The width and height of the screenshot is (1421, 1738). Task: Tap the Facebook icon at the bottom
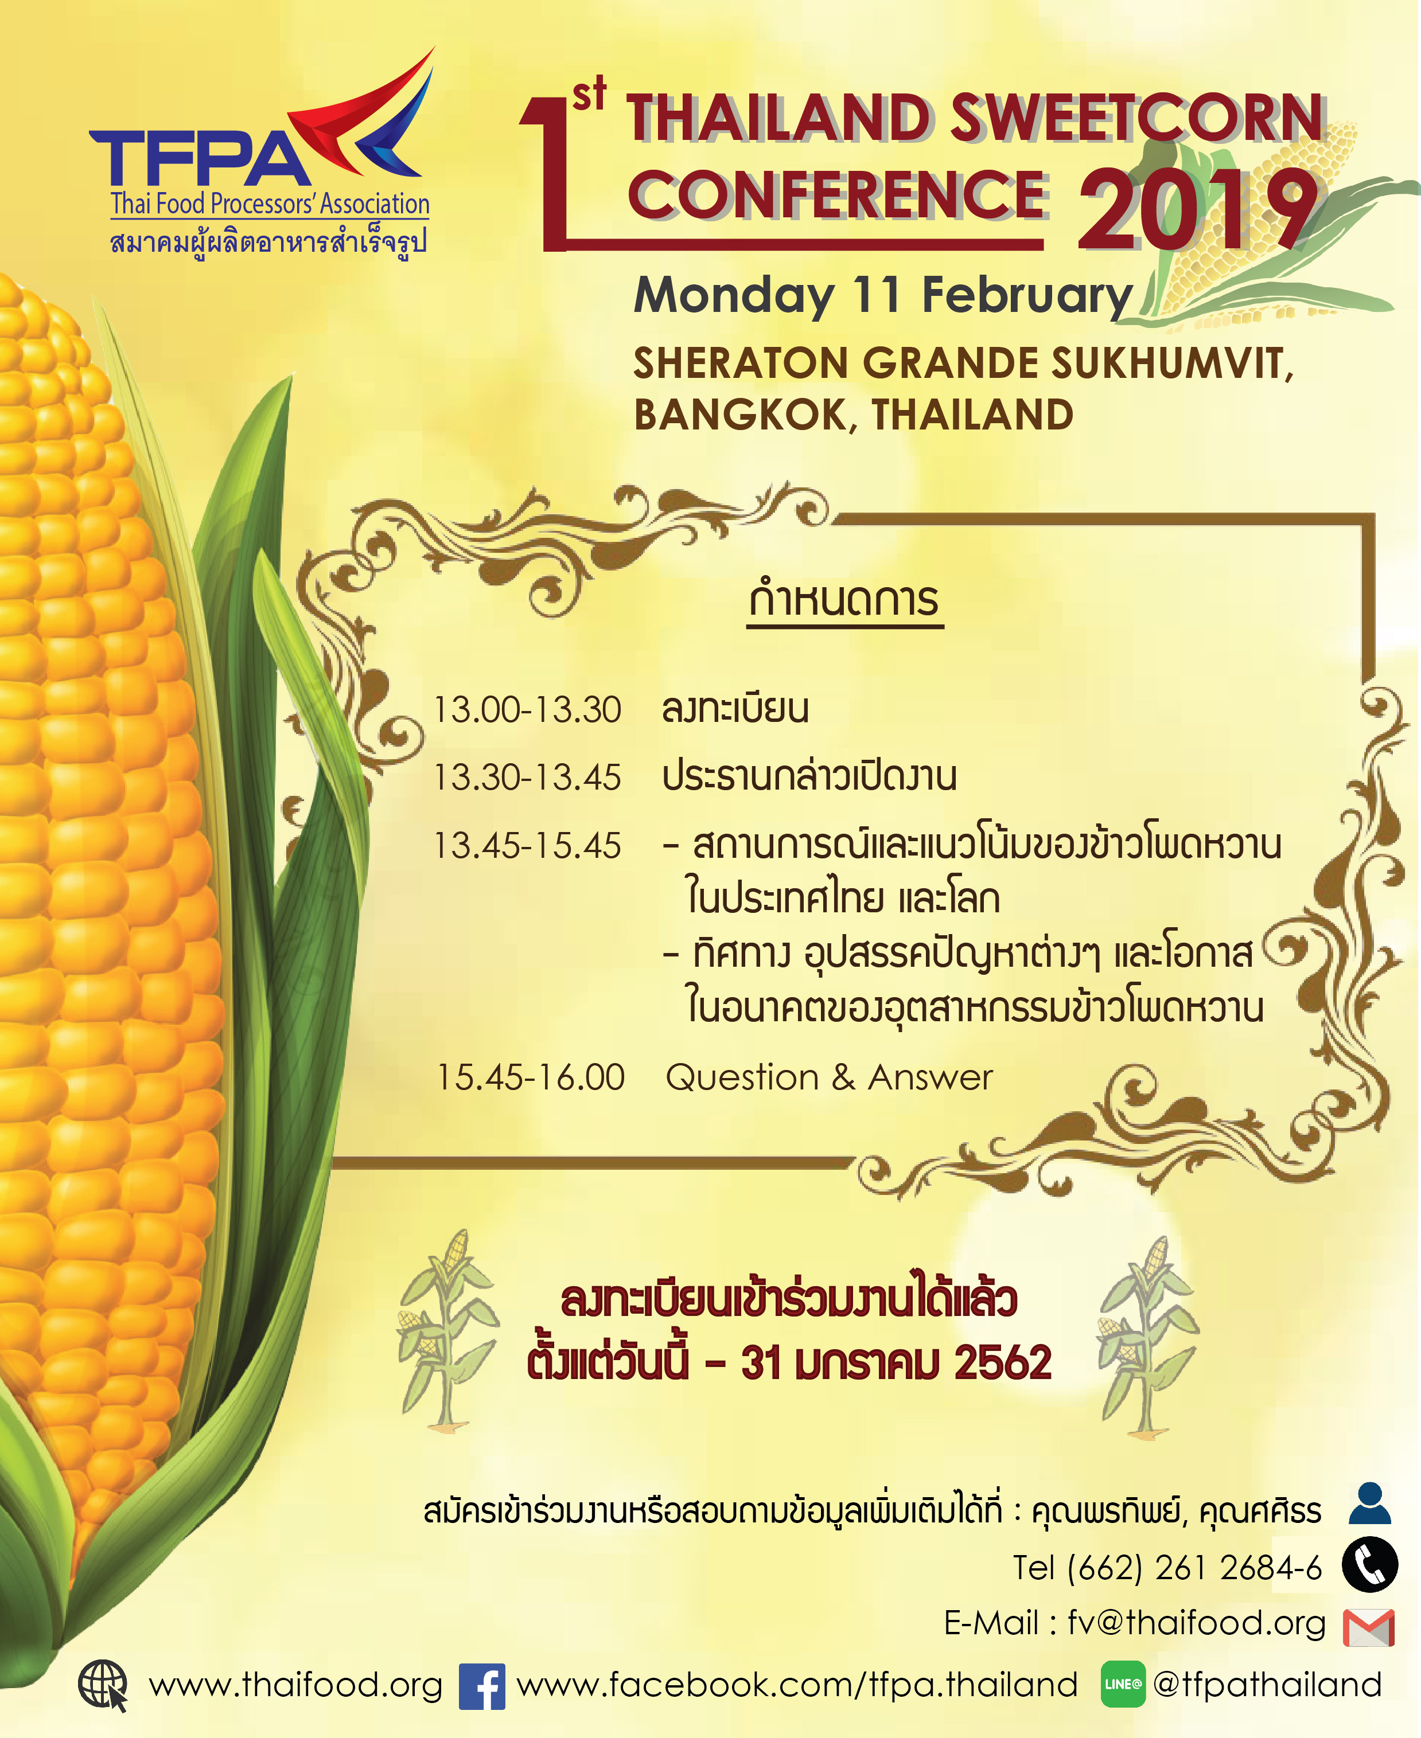481,1686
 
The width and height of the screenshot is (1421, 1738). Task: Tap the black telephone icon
1369,1564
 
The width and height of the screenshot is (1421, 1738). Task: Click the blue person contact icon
1369,1502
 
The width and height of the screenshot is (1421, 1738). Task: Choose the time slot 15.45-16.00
531,1077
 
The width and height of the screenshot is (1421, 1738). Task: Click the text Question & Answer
828,1077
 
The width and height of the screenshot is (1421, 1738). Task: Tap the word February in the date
1026,296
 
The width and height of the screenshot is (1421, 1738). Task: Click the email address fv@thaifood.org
1196,1623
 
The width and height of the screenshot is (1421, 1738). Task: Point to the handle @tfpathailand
1266,1685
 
